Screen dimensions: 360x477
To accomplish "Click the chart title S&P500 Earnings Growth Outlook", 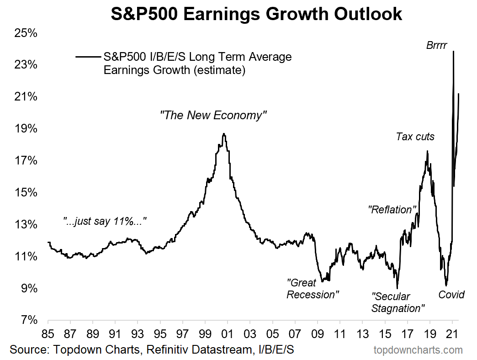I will [x=256, y=14].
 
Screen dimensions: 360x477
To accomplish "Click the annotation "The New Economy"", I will [x=213, y=115].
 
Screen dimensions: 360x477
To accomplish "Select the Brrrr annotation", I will [x=436, y=45].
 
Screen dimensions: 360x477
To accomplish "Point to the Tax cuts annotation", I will [x=415, y=136].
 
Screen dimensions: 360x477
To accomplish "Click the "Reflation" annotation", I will [x=393, y=210].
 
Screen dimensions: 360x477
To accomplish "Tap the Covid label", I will [x=451, y=295].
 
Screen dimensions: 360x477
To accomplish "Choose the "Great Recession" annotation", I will [x=313, y=289].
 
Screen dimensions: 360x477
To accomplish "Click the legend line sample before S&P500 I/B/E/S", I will [x=89, y=57].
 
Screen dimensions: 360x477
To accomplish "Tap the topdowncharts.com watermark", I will [x=418, y=350].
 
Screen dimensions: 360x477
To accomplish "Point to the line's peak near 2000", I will [x=224, y=134].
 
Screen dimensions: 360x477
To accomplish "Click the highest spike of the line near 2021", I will [x=453, y=51].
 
